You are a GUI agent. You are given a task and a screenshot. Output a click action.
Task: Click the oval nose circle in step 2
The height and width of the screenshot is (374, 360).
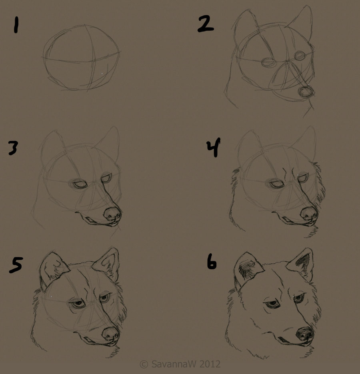(306, 92)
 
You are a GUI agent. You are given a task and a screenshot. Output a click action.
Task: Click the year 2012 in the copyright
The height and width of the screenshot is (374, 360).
(210, 364)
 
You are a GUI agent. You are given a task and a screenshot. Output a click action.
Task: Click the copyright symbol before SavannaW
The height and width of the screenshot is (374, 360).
(144, 364)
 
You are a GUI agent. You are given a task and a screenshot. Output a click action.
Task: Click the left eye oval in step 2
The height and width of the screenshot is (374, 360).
(268, 62)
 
